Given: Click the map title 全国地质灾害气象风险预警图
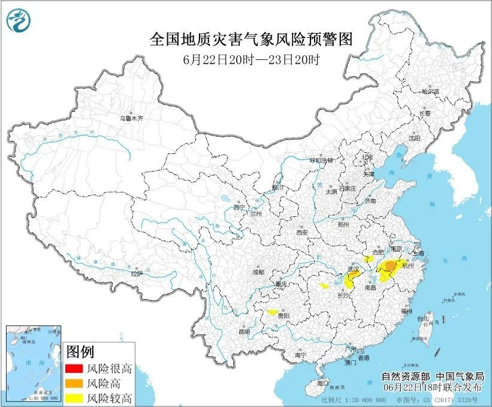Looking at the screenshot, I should tap(250, 40).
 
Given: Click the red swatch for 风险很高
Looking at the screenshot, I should tap(74, 369).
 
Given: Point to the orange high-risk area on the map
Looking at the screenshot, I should tap(390, 266).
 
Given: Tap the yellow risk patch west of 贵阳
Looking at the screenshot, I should tap(271, 312).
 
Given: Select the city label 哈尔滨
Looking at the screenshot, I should tap(430, 92).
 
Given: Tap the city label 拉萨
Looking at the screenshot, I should tap(137, 273).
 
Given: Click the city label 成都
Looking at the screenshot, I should tap(258, 272).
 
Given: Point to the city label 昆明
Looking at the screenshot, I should tap(244, 331).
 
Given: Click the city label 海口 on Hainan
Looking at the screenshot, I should tap(324, 382).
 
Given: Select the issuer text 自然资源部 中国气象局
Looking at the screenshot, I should tap(432, 377).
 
